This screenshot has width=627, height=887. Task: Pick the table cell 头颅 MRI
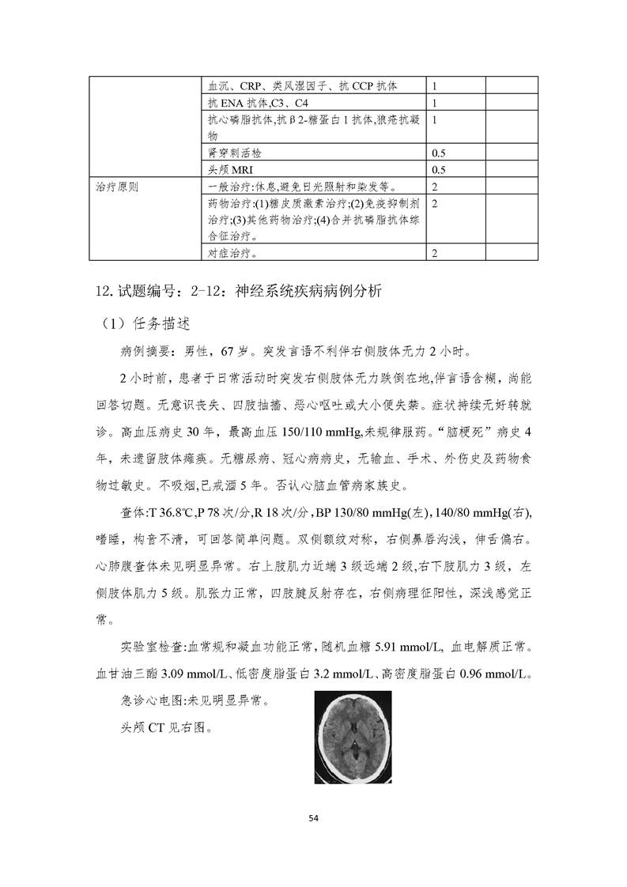[x=231, y=169]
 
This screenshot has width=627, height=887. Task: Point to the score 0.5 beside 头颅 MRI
[x=440, y=169]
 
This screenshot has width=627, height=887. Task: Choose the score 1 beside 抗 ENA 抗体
[x=436, y=102]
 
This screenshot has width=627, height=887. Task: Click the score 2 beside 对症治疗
[x=436, y=253]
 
